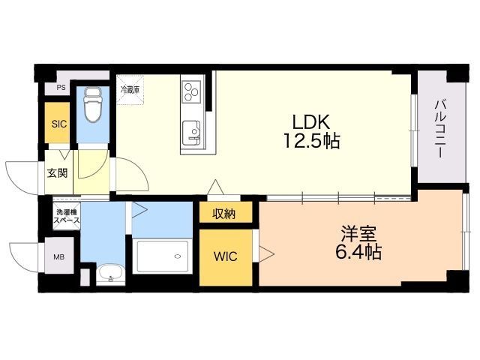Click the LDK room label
[311, 121]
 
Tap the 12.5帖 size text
[312, 141]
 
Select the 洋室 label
[358, 234]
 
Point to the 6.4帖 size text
[358, 253]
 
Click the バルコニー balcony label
[441, 128]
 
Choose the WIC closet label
[226, 256]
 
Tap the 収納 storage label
[224, 214]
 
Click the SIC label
[59, 124]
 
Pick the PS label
[61, 88]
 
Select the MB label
[59, 257]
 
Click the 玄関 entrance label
[57, 173]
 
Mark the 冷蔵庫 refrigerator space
[130, 90]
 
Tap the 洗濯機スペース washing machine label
[66, 216]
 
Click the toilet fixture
[93, 104]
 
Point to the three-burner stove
[192, 91]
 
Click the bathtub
[163, 256]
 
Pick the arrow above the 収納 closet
[215, 187]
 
